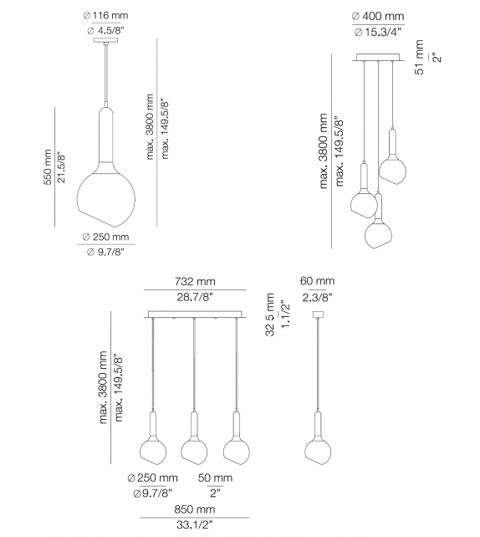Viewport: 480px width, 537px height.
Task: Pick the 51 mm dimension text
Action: [x=420, y=58]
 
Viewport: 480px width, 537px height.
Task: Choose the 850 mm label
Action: [x=194, y=509]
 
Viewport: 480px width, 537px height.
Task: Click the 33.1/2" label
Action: [x=194, y=525]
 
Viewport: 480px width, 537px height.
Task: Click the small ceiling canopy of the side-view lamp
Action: [x=317, y=315]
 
